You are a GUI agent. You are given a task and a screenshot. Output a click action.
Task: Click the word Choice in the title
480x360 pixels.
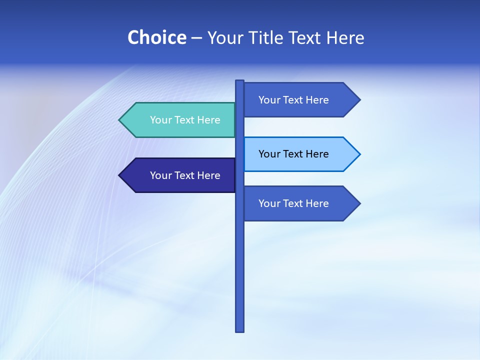[x=156, y=38]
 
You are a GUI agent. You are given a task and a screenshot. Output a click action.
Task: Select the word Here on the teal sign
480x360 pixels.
[x=208, y=120]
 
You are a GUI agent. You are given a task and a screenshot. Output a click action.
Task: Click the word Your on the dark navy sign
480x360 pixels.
[x=160, y=175]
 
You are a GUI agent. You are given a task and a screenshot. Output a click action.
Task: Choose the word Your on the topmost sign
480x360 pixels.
[x=269, y=100]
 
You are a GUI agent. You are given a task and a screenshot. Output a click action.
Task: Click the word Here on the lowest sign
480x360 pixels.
[x=317, y=203]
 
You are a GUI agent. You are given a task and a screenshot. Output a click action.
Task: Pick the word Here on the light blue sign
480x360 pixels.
[x=317, y=154]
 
